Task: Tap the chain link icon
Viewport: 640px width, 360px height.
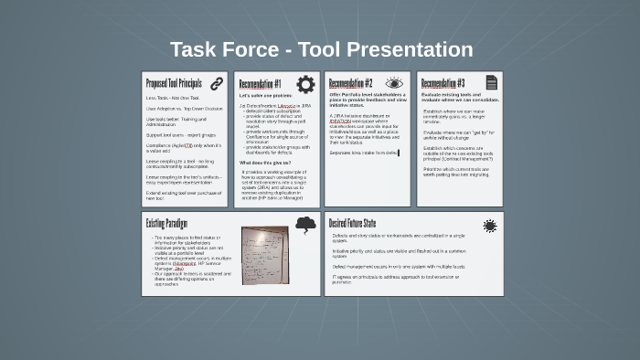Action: click(x=217, y=83)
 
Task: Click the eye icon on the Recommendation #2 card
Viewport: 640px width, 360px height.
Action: click(x=394, y=83)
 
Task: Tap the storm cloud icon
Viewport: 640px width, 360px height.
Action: click(x=305, y=225)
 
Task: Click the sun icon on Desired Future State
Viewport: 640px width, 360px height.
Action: click(x=490, y=225)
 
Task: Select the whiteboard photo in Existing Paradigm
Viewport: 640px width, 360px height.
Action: click(x=265, y=256)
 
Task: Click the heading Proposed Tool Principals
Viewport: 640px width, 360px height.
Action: click(x=174, y=83)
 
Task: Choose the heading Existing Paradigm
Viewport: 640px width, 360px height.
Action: click(x=167, y=224)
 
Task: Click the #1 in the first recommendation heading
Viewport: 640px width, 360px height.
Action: click(x=277, y=83)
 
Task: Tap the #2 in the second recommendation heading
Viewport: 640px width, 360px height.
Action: click(x=368, y=83)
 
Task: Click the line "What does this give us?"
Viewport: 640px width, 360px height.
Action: click(x=265, y=162)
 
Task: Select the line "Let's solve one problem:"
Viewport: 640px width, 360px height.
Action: click(x=264, y=96)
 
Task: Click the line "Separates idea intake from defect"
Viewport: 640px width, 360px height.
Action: click(x=363, y=153)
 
